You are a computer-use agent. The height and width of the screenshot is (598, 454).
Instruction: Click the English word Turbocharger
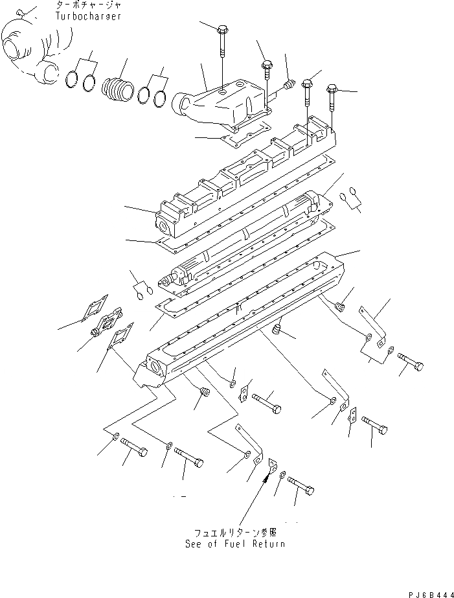89,16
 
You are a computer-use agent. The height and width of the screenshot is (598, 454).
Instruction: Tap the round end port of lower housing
157,372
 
